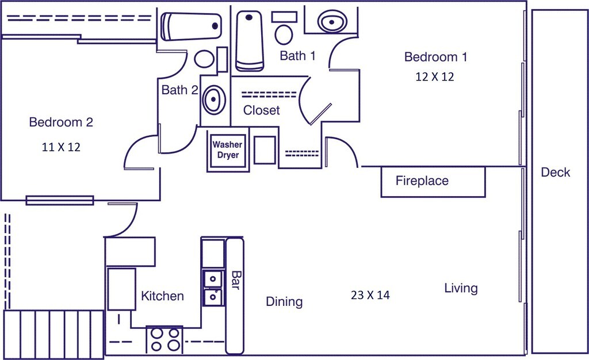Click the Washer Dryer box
click(228, 150)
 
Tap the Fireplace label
click(422, 181)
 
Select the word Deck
click(555, 172)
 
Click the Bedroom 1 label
click(435, 57)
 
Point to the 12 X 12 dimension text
click(434, 76)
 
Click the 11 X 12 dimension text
click(61, 147)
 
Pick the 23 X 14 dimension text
click(370, 295)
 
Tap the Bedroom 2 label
click(61, 122)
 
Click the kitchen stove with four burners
click(165, 339)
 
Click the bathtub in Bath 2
click(191, 26)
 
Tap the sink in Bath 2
click(213, 99)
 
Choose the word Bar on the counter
click(235, 281)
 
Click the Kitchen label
click(163, 296)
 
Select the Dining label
click(284, 302)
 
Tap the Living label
click(461, 288)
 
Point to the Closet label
click(262, 110)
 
